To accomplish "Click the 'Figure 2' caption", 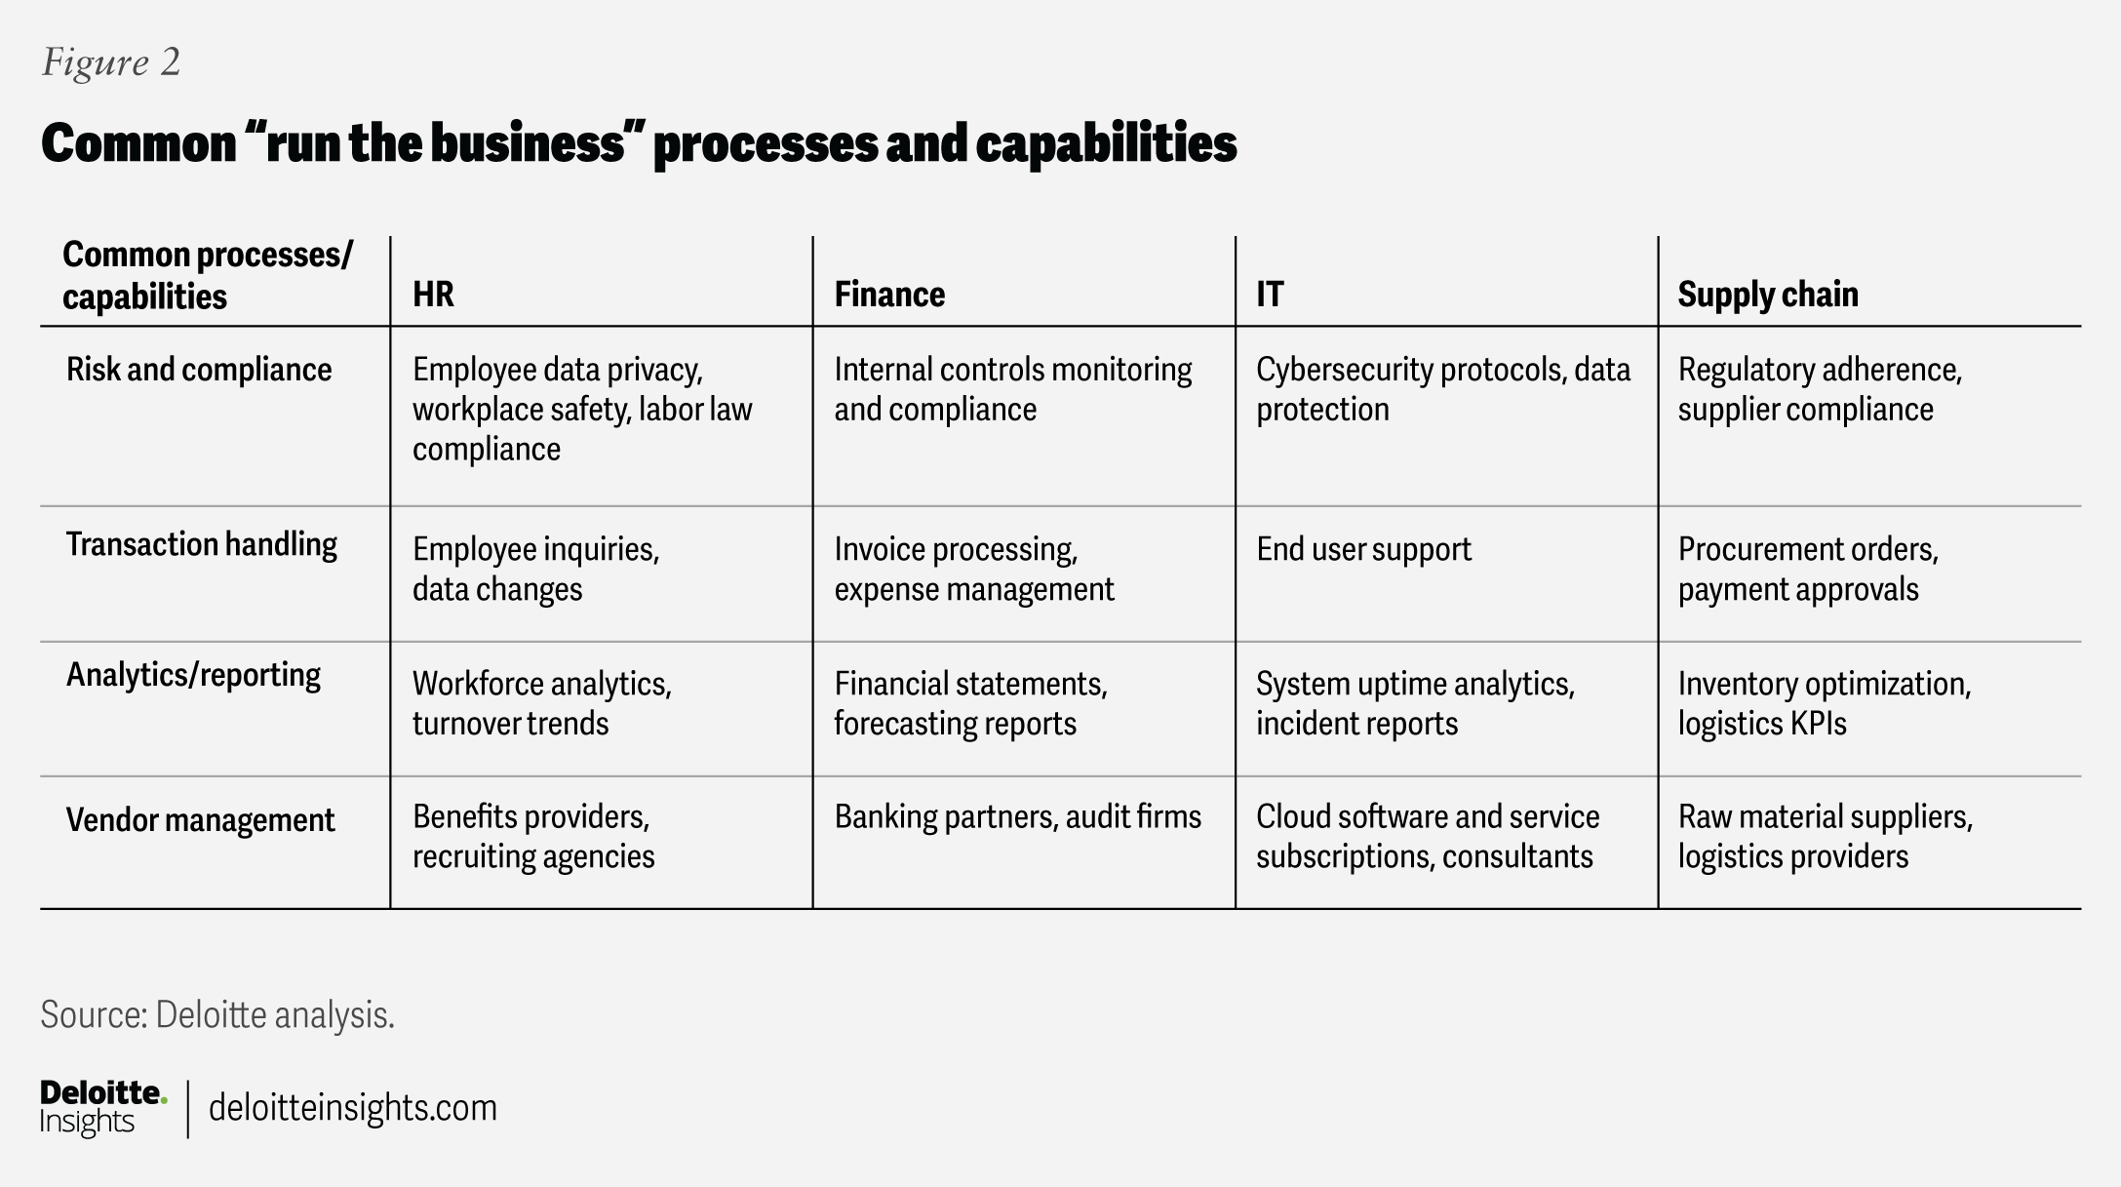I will pyautogui.click(x=111, y=62).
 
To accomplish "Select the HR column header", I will pyautogui.click(x=433, y=294).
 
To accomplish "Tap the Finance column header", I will pyautogui.click(x=889, y=294).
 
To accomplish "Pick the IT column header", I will pyautogui.click(x=1270, y=294).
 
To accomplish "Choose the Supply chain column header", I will pyautogui.click(x=1767, y=294).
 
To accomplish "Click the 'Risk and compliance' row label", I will pyautogui.click(x=199, y=370).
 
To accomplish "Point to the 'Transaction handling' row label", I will pyautogui.click(x=202, y=544).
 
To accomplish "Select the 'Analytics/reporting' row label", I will pyautogui.click(x=193, y=675).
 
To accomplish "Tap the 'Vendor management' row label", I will pyautogui.click(x=200, y=820).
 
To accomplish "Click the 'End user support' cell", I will pyautogui.click(x=1363, y=549).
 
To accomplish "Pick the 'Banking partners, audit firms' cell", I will pyautogui.click(x=1017, y=816).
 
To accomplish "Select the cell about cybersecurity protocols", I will pyautogui.click(x=1442, y=389).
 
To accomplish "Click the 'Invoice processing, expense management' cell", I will pyautogui.click(x=973, y=569).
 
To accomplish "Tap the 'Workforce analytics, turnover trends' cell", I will pyautogui.click(x=541, y=703).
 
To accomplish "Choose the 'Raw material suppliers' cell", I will pyautogui.click(x=1825, y=836).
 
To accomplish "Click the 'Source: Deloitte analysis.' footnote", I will pyautogui.click(x=217, y=1015).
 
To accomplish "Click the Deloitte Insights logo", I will pyautogui.click(x=102, y=1107).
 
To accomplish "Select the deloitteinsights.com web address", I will pyautogui.click(x=353, y=1108).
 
